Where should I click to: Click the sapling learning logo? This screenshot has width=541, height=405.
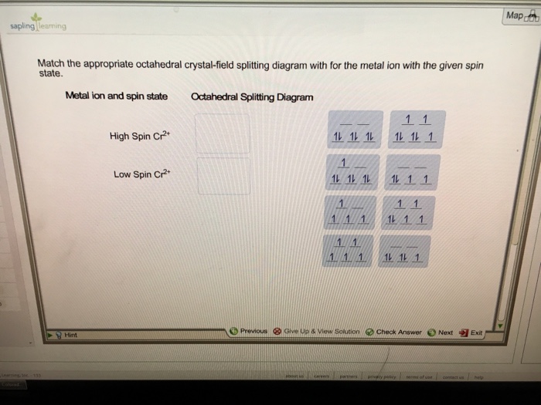click(39, 25)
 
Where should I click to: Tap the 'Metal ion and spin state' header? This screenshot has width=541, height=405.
click(116, 96)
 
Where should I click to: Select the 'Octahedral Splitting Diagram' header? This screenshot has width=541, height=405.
click(252, 97)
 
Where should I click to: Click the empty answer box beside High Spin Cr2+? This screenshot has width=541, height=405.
click(223, 134)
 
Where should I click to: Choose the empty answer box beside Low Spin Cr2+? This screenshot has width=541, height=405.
click(223, 176)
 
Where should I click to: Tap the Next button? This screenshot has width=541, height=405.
click(441, 332)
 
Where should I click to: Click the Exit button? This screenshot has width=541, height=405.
click(471, 332)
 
